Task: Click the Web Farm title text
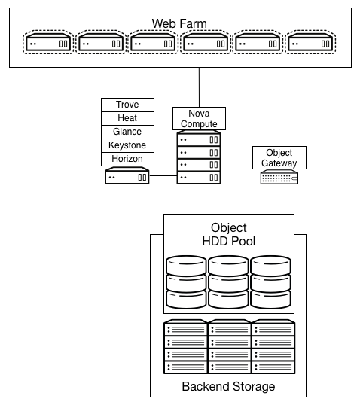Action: tap(178, 23)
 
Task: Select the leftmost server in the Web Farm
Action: tap(49, 44)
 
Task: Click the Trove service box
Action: tap(127, 105)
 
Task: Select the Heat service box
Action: tap(127, 118)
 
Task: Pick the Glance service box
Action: tap(127, 132)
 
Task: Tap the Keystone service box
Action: tap(127, 145)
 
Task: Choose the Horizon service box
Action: tap(127, 159)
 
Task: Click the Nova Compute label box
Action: tap(199, 118)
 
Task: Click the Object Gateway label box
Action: tap(279, 158)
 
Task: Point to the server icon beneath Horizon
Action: tap(127, 178)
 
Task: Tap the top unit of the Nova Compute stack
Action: tap(199, 139)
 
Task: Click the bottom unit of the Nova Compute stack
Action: tap(199, 178)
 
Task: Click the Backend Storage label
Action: tap(228, 387)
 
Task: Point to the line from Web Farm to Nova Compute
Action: tap(199, 87)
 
